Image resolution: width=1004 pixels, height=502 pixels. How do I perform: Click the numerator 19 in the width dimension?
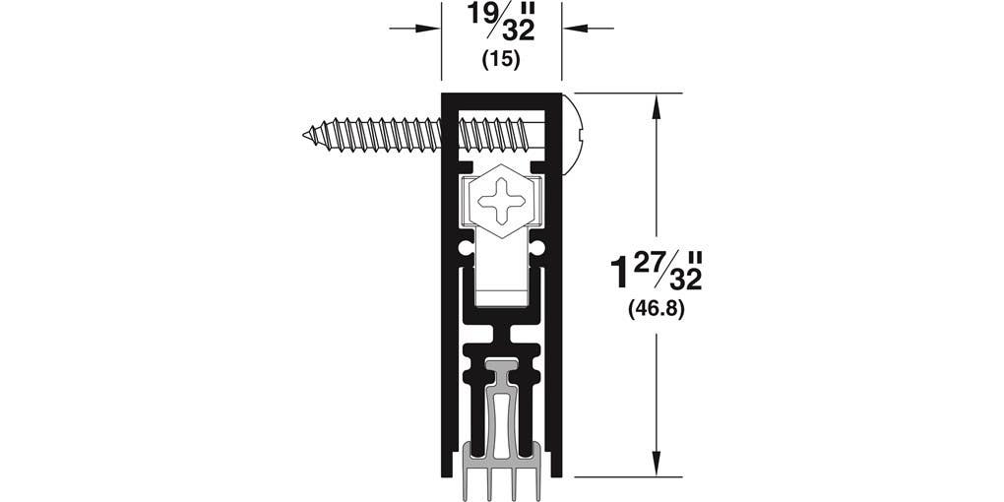pyautogui.click(x=483, y=16)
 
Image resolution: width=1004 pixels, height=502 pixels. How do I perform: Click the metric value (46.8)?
pyautogui.click(x=656, y=309)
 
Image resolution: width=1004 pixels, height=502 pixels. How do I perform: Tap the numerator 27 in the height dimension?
pyautogui.click(x=653, y=261)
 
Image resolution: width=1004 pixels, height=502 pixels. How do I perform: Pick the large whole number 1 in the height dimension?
pyautogui.click(x=618, y=273)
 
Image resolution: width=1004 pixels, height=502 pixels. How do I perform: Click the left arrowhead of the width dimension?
pyautogui.click(x=433, y=28)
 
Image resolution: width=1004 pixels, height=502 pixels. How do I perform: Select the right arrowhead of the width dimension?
pyautogui.click(x=569, y=28)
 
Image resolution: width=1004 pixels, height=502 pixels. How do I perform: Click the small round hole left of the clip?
pyautogui.click(x=465, y=246)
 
